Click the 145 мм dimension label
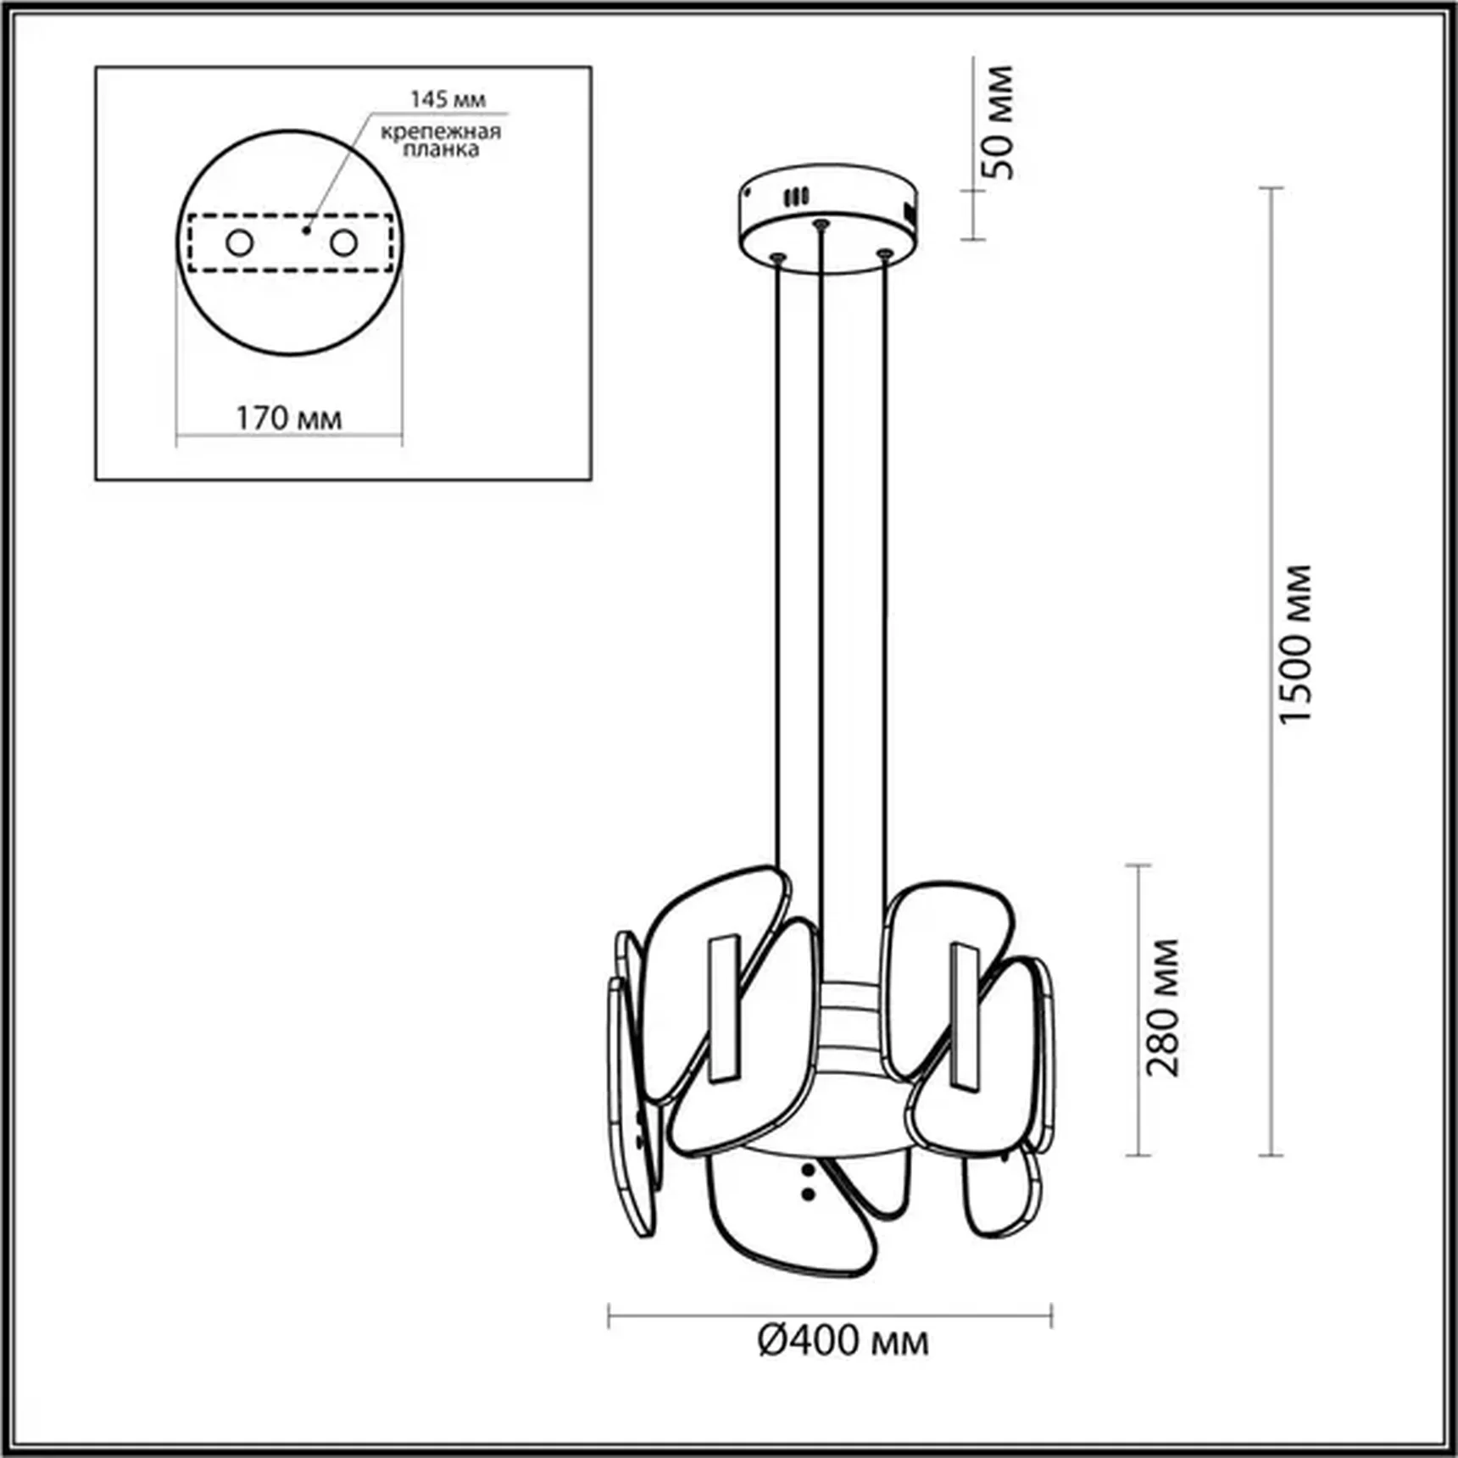pos(448,99)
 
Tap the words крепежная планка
pos(441,141)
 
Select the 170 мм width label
pos(288,418)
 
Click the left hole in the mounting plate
pos(240,243)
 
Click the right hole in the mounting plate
pos(343,243)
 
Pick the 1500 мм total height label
pos(1295,644)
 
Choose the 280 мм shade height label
pos(1163,1007)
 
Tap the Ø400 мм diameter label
pos(843,1341)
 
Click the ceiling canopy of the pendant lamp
pos(830,219)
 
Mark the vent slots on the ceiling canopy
pos(796,198)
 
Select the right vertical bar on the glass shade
pos(965,1016)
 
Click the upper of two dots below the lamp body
pos(808,1171)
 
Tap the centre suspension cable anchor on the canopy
pos(820,225)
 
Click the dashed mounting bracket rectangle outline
pos(291,243)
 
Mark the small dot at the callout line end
pos(307,229)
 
